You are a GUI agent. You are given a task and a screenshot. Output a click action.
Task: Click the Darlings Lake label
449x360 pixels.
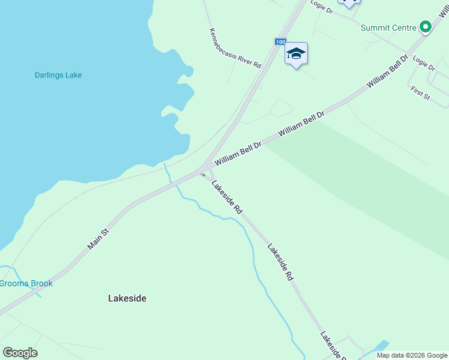coord(58,76)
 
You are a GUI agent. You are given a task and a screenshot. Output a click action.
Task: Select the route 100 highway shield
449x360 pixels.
coord(280,41)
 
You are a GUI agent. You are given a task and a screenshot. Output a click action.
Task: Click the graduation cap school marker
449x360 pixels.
coord(295,54)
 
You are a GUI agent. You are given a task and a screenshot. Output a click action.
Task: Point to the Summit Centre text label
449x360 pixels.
coord(388,28)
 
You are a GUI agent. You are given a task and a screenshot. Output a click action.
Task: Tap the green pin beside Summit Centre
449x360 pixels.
coord(426,27)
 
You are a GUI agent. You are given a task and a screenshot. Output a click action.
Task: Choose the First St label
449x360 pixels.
coord(420,93)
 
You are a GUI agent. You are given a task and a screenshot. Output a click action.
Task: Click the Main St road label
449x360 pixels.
coord(97,239)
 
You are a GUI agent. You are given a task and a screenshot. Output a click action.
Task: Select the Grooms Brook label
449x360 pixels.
coord(26,283)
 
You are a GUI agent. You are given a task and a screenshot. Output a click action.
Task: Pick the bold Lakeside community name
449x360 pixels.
coord(127,298)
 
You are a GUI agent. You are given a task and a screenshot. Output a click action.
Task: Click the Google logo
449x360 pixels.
coord(20,353)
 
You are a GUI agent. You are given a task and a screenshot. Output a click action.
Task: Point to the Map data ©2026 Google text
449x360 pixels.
coord(412,355)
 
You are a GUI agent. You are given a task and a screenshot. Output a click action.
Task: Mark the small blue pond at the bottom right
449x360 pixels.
coord(380,346)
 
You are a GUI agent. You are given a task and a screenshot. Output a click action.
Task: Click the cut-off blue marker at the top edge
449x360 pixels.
coord(348,4)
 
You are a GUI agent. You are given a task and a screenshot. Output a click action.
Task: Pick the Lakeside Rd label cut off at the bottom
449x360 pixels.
coord(332,346)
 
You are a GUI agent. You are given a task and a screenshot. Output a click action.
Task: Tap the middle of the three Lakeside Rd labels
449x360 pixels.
coord(280,262)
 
